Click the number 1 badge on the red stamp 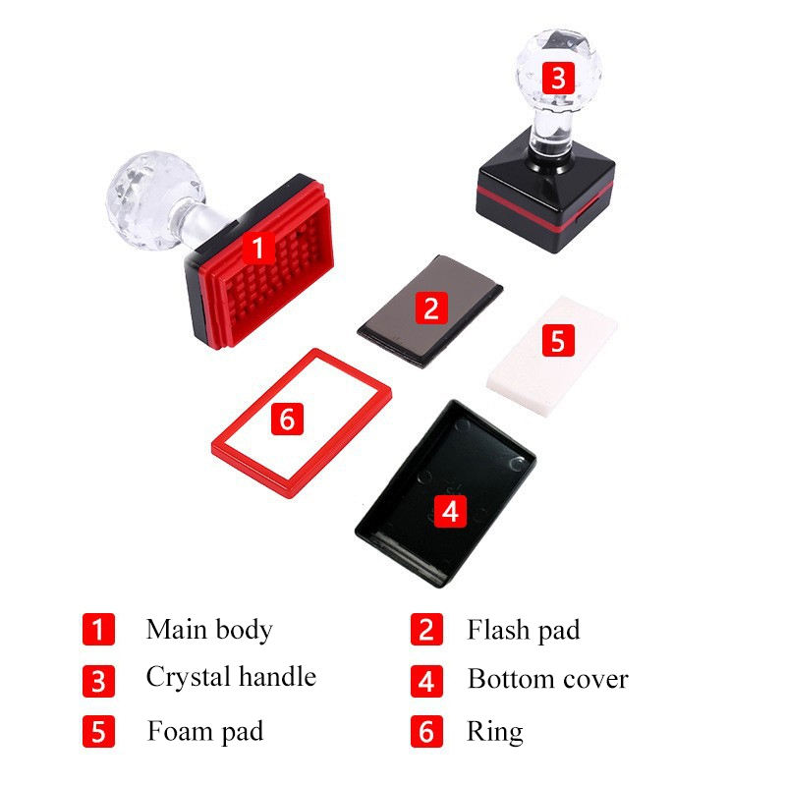pyautogui.click(x=258, y=248)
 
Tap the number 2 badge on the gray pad pyautogui.click(x=431, y=308)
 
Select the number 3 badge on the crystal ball pyautogui.click(x=558, y=78)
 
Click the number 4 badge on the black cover pyautogui.click(x=450, y=511)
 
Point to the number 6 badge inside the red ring pyautogui.click(x=286, y=419)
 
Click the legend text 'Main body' pyautogui.click(x=209, y=629)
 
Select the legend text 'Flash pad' pyautogui.click(x=523, y=629)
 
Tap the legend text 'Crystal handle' pyautogui.click(x=231, y=676)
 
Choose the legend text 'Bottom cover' pyautogui.click(x=547, y=678)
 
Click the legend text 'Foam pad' pyautogui.click(x=205, y=731)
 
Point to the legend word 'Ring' pyautogui.click(x=494, y=731)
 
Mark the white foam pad pyautogui.click(x=580, y=364)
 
